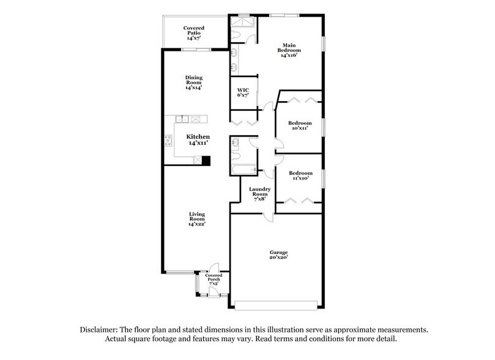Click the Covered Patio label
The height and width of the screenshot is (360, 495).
pyautogui.click(x=194, y=32)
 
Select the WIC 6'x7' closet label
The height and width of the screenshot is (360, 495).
pyautogui.click(x=243, y=92)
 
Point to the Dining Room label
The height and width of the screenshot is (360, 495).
pyautogui.click(x=194, y=82)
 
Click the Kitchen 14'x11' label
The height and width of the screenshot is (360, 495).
pyautogui.click(x=198, y=139)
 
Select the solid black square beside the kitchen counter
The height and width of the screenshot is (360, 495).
pyautogui.click(x=206, y=161)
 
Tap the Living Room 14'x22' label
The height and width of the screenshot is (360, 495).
pyautogui.click(x=196, y=219)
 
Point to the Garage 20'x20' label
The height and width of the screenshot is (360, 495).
pyautogui.click(x=278, y=255)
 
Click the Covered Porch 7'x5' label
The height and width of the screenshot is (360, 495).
pyautogui.click(x=214, y=280)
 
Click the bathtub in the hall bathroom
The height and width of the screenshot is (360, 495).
pyautogui.click(x=242, y=168)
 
